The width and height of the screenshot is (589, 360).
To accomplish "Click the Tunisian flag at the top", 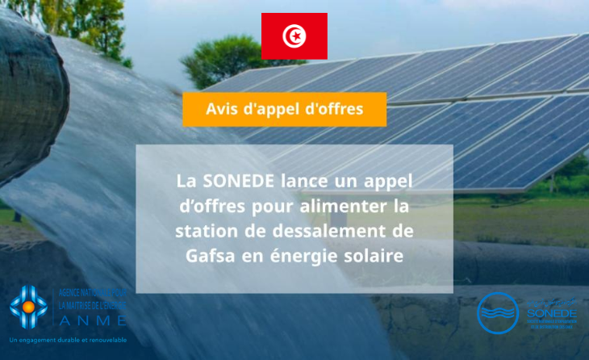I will (x=294, y=36).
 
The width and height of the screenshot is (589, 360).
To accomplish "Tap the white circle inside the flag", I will (x=294, y=36).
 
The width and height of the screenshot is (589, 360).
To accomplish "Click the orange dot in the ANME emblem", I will (x=29, y=307).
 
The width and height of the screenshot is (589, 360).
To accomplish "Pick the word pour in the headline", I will (x=245, y=206).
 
